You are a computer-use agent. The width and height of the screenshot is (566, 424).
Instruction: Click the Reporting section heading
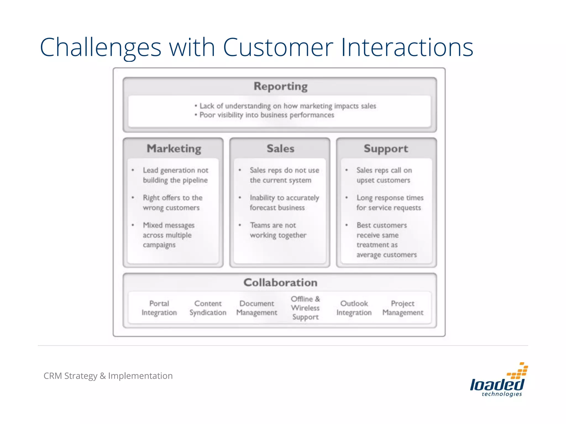click(x=280, y=86)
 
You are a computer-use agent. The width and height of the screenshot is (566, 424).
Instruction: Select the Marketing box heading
click(x=174, y=149)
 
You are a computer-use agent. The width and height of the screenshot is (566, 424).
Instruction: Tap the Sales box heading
click(x=280, y=149)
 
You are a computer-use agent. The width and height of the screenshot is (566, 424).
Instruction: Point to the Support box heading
click(x=386, y=149)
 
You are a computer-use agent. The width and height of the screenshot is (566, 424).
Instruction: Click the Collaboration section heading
click(x=280, y=283)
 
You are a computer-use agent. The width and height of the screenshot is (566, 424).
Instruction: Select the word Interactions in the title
click(x=407, y=47)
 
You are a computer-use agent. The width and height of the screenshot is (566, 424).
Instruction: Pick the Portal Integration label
click(x=159, y=308)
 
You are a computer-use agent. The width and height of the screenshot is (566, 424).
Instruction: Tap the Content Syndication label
click(x=208, y=308)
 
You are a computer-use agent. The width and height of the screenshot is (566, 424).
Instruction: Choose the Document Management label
click(x=257, y=308)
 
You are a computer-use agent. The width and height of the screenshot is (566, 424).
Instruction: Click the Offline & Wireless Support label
click(x=305, y=308)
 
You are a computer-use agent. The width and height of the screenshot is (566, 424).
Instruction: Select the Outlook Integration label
click(x=354, y=308)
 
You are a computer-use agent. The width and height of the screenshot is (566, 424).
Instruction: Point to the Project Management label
click(x=403, y=308)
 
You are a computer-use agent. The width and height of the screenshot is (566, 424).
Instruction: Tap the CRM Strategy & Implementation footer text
click(x=108, y=376)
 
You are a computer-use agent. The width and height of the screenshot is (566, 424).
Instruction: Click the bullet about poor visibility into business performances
click(x=266, y=115)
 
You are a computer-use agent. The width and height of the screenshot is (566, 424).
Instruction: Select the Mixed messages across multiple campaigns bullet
click(x=169, y=235)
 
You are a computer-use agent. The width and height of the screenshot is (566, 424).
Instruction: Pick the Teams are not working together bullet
click(x=278, y=230)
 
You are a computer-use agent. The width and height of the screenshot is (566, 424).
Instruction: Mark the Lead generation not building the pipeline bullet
click(x=175, y=175)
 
